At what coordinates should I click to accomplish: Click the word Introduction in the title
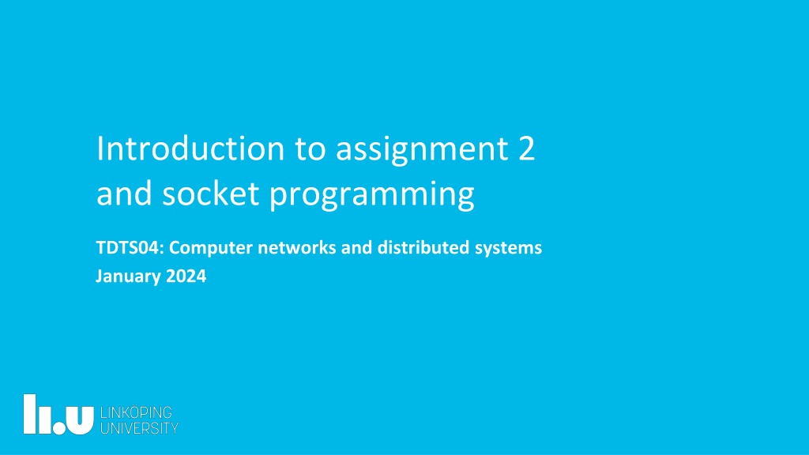click(190, 149)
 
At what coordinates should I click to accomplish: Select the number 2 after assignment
click(525, 149)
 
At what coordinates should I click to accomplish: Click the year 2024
click(186, 276)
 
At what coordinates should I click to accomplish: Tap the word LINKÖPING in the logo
click(136, 412)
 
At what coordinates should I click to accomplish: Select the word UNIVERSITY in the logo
click(139, 428)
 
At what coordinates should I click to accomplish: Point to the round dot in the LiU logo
click(59, 427)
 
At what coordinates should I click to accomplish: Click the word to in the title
click(310, 149)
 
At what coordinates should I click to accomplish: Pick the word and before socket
click(124, 194)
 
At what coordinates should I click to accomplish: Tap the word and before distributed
click(356, 247)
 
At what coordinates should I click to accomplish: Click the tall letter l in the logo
click(30, 414)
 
